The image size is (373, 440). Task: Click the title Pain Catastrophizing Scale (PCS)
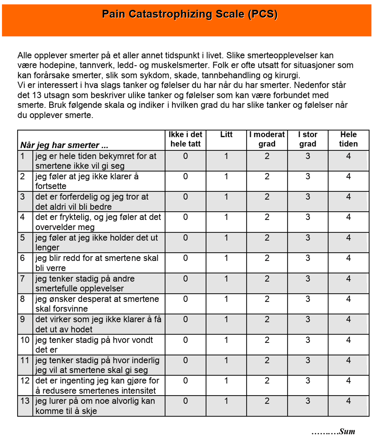[x=190, y=14]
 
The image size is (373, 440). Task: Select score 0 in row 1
[x=185, y=156]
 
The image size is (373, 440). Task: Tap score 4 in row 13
[x=348, y=401]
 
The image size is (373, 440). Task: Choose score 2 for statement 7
[x=267, y=279]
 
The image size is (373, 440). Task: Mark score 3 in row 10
[x=308, y=340]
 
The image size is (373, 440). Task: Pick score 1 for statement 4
[x=226, y=217]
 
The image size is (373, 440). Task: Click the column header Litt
[x=226, y=135]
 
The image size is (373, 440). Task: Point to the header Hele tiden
[x=348, y=139]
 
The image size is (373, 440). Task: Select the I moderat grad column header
[x=267, y=139]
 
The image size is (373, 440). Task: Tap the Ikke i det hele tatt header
[x=185, y=139]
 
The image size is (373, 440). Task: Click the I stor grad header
[x=308, y=139]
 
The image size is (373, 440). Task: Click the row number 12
[x=25, y=381]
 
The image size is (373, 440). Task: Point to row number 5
[x=22, y=238]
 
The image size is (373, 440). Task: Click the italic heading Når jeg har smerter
[x=64, y=145]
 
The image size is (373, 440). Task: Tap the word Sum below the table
[x=347, y=431]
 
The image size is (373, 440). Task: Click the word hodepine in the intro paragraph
[x=58, y=65]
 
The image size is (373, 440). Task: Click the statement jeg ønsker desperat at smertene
[x=97, y=299]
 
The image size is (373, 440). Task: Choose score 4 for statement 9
[x=348, y=320]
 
